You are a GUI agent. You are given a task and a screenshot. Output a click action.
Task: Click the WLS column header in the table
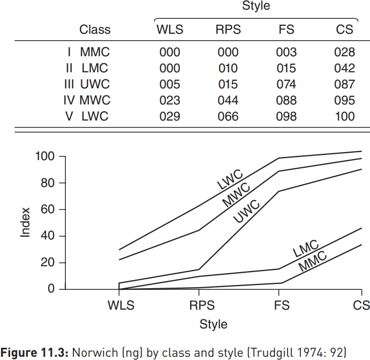[169, 29]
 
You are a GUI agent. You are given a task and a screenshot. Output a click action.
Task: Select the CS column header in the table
[344, 29]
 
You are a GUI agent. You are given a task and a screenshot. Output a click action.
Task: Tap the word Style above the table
[256, 6]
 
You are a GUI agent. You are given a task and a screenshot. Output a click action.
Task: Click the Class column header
[95, 29]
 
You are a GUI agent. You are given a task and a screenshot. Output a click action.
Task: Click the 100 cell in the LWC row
[344, 116]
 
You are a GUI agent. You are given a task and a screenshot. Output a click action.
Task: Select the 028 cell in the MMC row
[344, 52]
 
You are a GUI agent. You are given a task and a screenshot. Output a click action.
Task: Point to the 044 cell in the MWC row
[228, 100]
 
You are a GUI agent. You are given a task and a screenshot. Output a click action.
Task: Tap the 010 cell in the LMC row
[228, 68]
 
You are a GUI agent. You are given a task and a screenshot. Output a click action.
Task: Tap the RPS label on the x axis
[202, 305]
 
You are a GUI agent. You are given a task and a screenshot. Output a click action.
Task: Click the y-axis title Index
[25, 222]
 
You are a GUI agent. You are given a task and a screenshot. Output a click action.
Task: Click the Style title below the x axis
[213, 324]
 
